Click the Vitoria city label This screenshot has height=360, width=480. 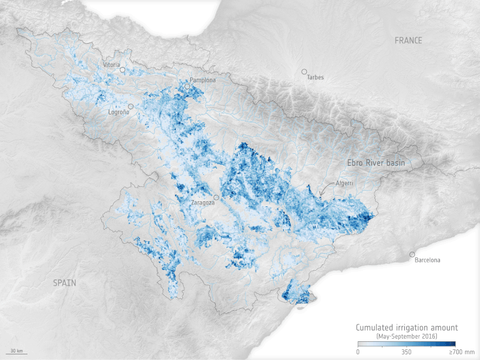tap(111, 65)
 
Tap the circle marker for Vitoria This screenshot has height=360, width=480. tap(123, 71)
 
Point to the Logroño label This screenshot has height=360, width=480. tap(119, 112)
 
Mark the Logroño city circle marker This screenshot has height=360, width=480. tap(131, 106)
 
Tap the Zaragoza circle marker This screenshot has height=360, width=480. tap(216, 197)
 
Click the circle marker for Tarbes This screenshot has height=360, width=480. tap(304, 72)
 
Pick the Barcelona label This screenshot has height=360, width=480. tap(427, 260)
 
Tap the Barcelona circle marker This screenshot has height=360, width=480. tap(412, 254)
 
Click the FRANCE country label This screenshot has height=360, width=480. tap(408, 41)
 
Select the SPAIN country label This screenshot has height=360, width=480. tap(64, 283)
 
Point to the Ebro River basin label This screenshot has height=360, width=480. tap(376, 163)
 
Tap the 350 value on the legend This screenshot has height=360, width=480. tap(406, 352)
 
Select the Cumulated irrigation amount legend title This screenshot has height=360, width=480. tap(406, 327)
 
